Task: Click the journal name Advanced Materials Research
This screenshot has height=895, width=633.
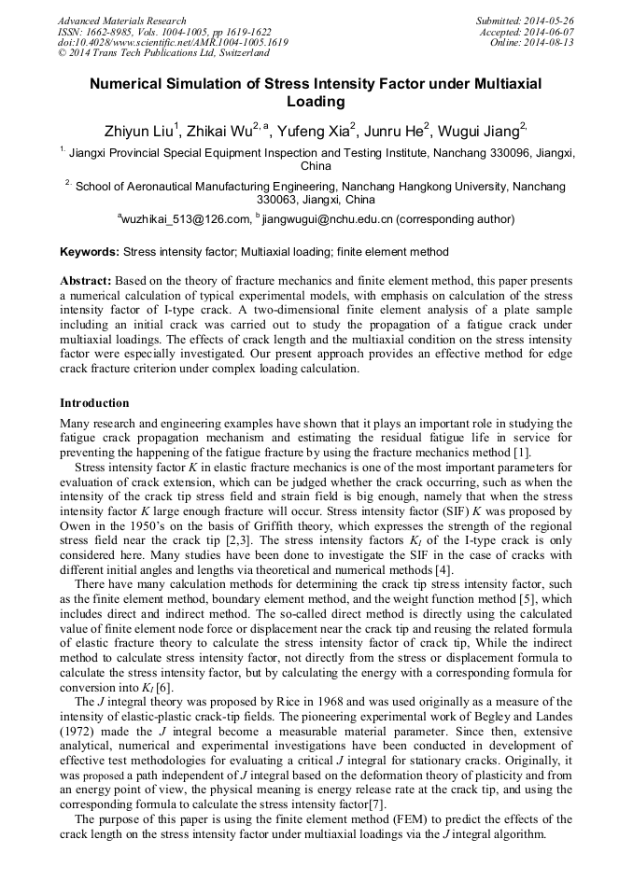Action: click(121, 21)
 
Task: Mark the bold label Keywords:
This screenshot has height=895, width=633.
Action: click(90, 252)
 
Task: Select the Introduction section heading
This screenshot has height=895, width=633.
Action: click(94, 403)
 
